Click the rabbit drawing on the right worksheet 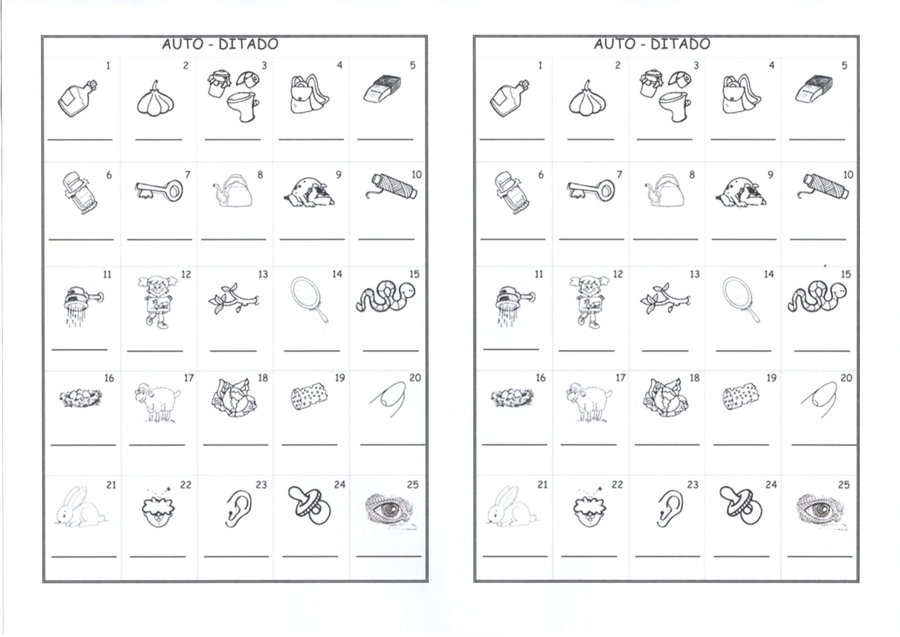512,506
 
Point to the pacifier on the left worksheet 309,505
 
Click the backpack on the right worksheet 741,95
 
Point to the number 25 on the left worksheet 413,485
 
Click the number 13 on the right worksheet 694,274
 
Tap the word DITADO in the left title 249,44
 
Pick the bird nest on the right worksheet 512,398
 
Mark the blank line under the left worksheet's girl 155,351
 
